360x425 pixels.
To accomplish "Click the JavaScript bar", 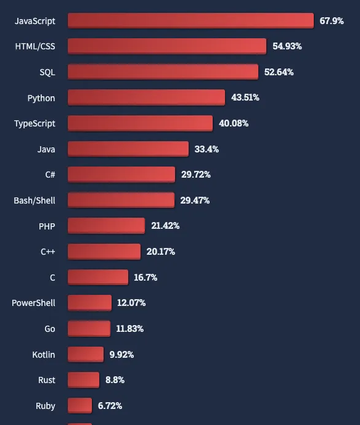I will pos(190,20).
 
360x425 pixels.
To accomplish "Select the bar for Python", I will pos(146,97).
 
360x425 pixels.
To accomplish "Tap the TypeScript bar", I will pos(140,123).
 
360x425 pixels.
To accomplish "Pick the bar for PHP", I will pos(106,226).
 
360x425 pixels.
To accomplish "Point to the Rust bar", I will pos(83,380).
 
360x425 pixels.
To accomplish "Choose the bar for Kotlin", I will pos(86,354).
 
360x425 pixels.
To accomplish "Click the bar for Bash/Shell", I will pos(121,200).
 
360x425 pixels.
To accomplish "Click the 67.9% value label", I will pos(332,20).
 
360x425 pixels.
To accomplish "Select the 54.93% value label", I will pos(287,46).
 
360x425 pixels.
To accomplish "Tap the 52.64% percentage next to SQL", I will pos(279,72).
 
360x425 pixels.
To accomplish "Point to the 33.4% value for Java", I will pos(207,149).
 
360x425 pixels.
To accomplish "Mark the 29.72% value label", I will pos(196,175).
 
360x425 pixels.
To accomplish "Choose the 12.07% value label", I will pos(132,303).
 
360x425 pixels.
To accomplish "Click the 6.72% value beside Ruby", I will pos(110,406).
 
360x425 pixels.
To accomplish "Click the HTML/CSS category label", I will pos(35,46).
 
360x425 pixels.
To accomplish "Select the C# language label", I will pos(50,175).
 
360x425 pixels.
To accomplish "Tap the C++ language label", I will pos(48,252).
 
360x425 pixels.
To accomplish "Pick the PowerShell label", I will pos(33,303).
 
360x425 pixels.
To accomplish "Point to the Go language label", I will pos(50,329).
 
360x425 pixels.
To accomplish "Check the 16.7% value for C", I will pos(145,278).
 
